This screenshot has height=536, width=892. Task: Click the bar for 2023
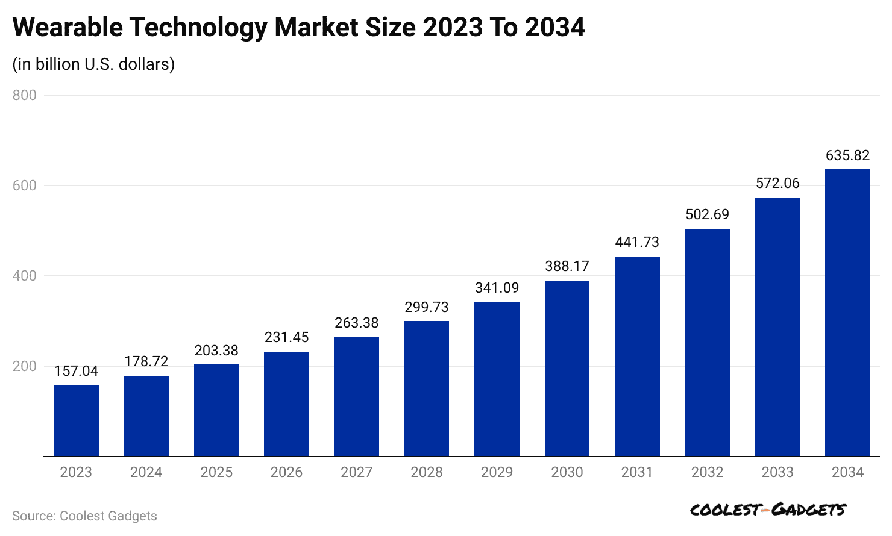click(76, 421)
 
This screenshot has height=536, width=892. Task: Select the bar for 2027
click(357, 397)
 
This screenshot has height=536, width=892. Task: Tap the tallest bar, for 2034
click(847, 313)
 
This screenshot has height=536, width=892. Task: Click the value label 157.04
click(76, 371)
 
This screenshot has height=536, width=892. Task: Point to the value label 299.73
click(427, 307)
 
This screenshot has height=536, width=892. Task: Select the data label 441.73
click(637, 242)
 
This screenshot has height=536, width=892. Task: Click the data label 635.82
click(847, 155)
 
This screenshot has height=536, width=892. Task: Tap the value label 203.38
click(216, 351)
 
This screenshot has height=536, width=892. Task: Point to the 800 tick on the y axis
click(25, 95)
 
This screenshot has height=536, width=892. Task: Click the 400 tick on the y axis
click(25, 276)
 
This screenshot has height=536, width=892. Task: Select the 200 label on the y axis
click(25, 366)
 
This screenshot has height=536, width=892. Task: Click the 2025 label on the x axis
click(216, 472)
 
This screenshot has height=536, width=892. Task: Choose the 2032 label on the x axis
click(707, 472)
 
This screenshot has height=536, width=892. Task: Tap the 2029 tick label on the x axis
click(497, 472)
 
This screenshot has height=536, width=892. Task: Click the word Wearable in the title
click(67, 28)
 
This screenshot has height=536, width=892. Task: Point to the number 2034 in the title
click(554, 28)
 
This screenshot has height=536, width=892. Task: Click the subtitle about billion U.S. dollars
click(93, 64)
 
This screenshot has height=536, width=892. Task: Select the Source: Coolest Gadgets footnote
click(84, 516)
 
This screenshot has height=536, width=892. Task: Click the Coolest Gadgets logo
click(768, 510)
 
